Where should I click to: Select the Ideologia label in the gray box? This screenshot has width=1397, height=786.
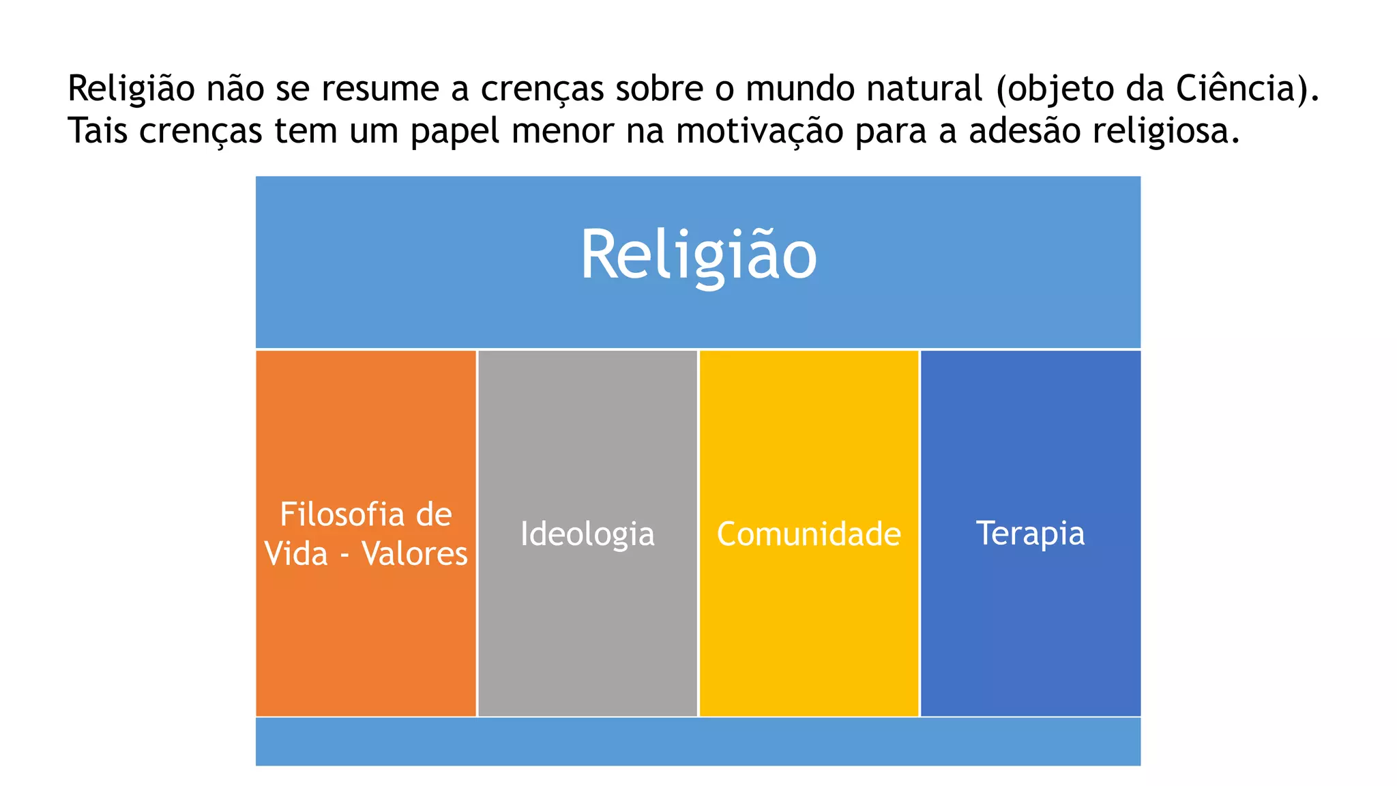coord(587,534)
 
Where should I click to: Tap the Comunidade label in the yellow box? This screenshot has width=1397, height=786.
coord(808,534)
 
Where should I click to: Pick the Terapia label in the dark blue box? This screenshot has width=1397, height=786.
coord(1030,534)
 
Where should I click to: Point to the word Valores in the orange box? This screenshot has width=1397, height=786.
coord(415,553)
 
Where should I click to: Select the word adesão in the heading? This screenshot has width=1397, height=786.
coord(1024,130)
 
